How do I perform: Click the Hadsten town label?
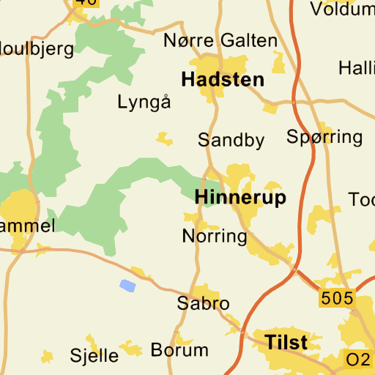coord(223,79)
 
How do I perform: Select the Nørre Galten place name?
coord(220,41)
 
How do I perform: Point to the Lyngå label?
coord(144,102)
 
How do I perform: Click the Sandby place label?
coord(231,140)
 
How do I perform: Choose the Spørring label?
coord(324,136)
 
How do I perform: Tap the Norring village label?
coord(215,236)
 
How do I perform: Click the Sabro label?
coord(204,303)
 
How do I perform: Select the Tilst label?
coord(286,342)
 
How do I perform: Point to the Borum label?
coord(179,350)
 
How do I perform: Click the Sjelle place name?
coord(94,356)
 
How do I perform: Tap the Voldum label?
coord(341,10)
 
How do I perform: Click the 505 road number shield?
coord(337,298)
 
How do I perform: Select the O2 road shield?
coord(358,359)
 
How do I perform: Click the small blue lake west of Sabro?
coord(127,286)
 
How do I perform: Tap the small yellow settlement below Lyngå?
coord(165,138)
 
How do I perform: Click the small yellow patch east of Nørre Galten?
coord(278,63)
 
